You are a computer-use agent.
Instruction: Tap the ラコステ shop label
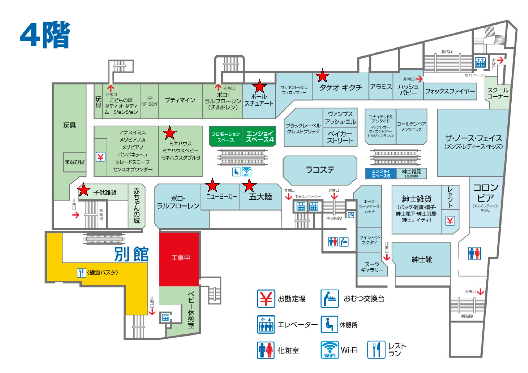(x=320, y=170)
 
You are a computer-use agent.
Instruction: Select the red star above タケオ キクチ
(x=322, y=76)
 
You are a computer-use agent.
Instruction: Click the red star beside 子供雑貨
(x=84, y=190)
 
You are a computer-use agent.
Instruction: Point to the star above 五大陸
(x=249, y=185)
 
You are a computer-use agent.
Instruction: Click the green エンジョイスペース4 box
(x=259, y=136)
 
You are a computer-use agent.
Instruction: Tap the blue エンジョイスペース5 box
(x=380, y=173)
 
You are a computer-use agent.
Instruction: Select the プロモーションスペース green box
(x=226, y=137)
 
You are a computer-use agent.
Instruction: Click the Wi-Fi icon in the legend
(x=329, y=350)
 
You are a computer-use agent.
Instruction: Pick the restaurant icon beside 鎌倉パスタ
(x=81, y=272)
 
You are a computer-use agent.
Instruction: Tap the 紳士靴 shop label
(x=422, y=260)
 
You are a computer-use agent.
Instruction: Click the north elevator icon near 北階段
(x=480, y=63)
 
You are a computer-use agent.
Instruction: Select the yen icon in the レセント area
(x=450, y=221)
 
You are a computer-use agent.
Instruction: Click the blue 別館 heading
(x=131, y=254)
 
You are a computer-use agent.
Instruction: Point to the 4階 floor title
(x=45, y=35)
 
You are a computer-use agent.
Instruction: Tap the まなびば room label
(x=75, y=162)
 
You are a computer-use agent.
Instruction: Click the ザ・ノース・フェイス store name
(x=474, y=138)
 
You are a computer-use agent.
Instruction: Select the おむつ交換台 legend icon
(x=329, y=299)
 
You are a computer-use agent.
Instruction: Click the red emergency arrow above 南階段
(x=480, y=291)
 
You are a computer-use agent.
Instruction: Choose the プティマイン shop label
(x=180, y=100)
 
